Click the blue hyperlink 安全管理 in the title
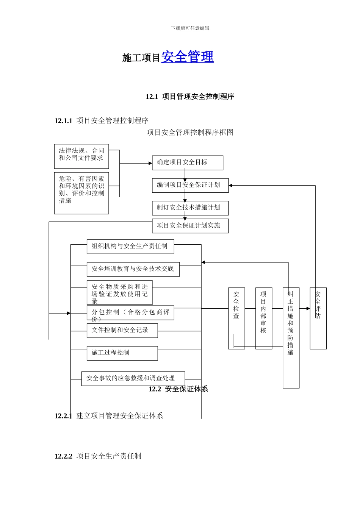click(x=187, y=57)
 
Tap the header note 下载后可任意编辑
click(x=190, y=28)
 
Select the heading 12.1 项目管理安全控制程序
click(x=190, y=97)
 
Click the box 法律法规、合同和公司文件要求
click(x=81, y=156)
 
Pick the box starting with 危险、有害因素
click(x=81, y=193)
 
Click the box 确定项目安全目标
click(x=187, y=162)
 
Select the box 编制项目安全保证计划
click(x=190, y=185)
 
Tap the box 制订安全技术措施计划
click(x=190, y=208)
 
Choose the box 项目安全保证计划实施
click(x=190, y=226)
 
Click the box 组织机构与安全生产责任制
click(x=130, y=247)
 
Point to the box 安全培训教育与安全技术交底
click(x=133, y=269)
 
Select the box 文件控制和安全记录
click(x=122, y=331)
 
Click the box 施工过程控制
click(x=122, y=353)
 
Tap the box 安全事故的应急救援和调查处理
click(x=133, y=378)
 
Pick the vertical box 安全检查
click(x=236, y=318)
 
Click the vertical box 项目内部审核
click(x=264, y=318)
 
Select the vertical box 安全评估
click(x=318, y=318)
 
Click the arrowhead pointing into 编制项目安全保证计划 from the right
click(x=231, y=186)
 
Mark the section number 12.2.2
click(x=63, y=456)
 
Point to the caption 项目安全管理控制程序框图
click(x=190, y=133)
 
